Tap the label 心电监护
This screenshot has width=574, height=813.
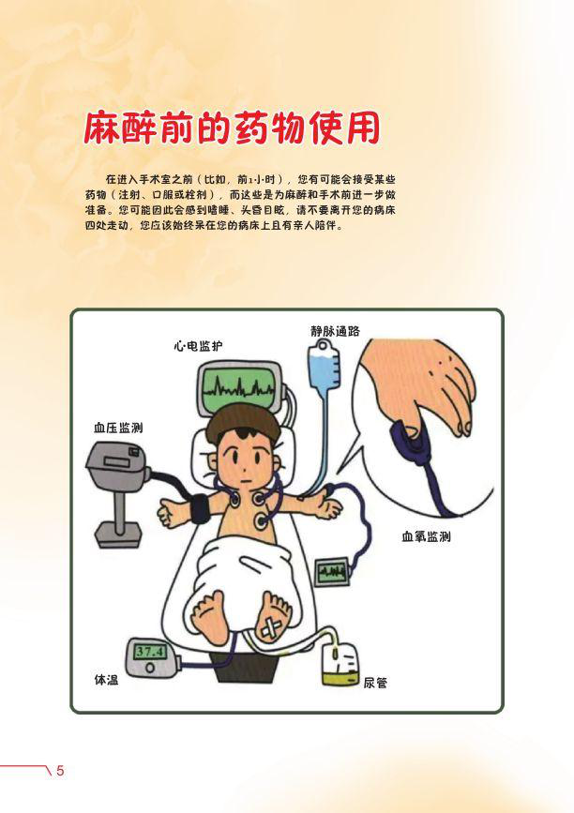[198, 346]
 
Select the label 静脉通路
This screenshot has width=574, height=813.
[335, 331]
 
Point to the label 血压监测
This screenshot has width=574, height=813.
[118, 428]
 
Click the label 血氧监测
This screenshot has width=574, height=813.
[426, 536]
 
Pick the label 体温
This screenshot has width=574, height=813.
[106, 679]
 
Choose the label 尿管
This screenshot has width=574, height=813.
[375, 683]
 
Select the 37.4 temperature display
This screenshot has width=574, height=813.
[149, 651]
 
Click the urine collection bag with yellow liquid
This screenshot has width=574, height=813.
[340, 664]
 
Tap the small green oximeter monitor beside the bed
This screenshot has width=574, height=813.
[332, 571]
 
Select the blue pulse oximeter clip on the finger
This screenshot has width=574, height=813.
[411, 443]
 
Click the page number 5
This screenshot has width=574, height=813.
[60, 771]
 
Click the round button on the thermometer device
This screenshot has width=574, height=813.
[150, 668]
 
